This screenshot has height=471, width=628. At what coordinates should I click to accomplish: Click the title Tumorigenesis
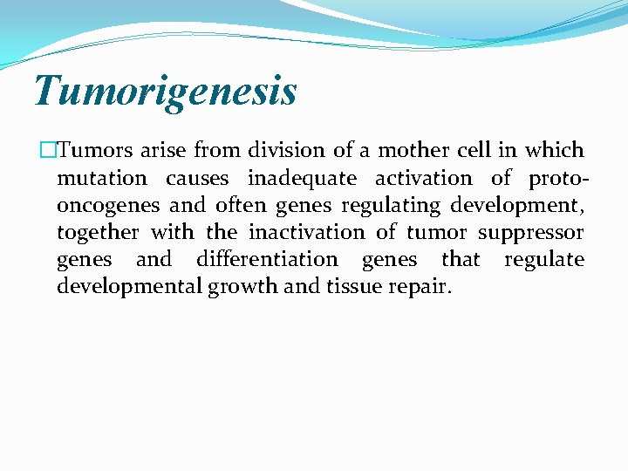pos(165,92)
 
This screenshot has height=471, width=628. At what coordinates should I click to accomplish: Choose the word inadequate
pos(302,178)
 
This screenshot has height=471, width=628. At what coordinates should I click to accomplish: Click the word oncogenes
pos(107,205)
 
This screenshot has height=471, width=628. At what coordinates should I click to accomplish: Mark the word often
pos(242,205)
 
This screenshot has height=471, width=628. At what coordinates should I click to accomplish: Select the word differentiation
pos(267,260)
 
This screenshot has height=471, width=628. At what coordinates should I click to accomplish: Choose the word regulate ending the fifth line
pos(544,260)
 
